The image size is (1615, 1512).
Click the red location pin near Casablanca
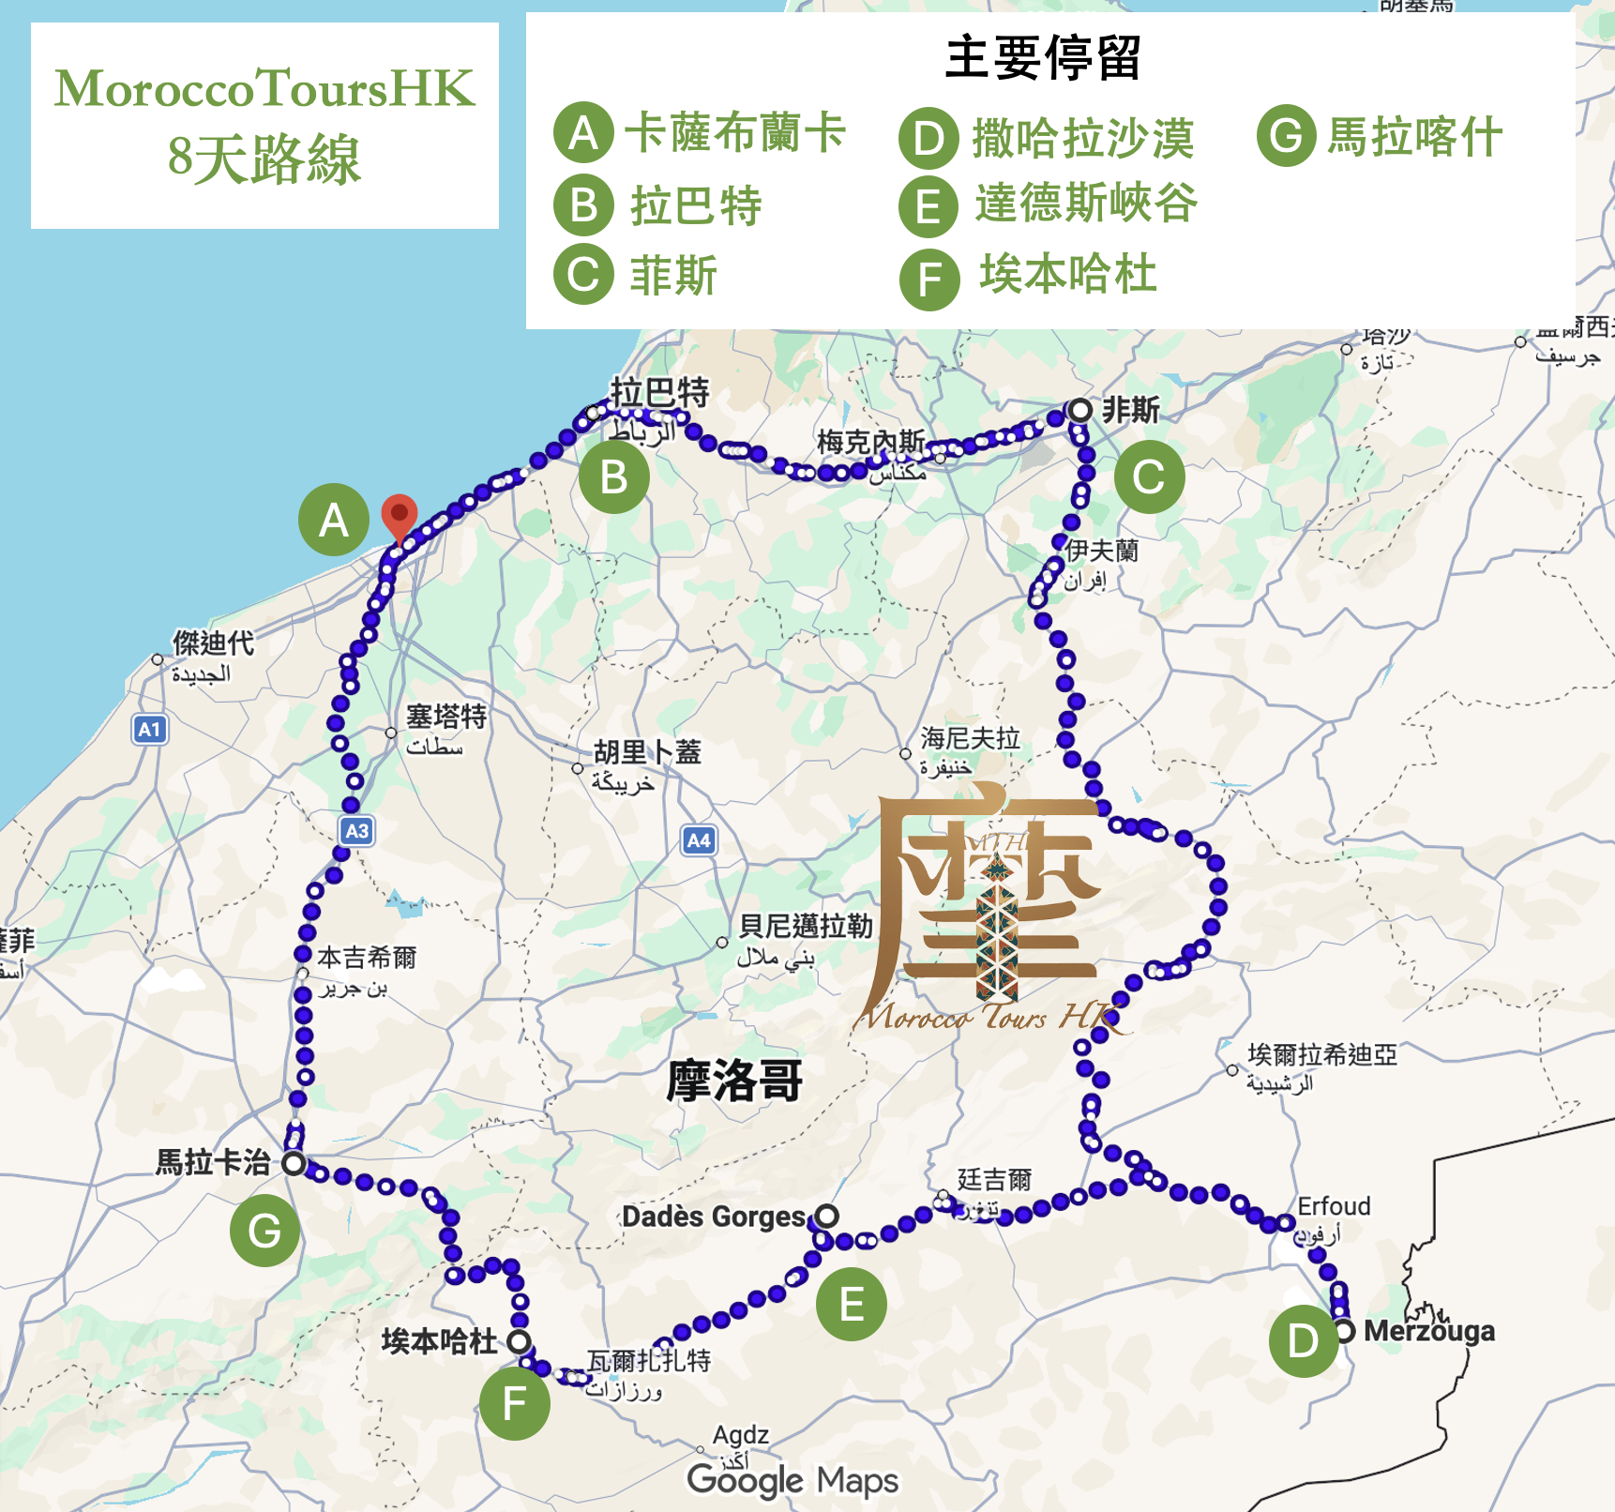(x=400, y=515)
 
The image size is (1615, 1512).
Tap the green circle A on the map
(x=334, y=520)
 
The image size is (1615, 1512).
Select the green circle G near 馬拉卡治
(x=264, y=1231)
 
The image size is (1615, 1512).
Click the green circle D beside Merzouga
(x=1304, y=1341)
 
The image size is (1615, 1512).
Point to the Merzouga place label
(x=1428, y=1331)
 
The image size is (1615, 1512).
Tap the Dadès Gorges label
(x=714, y=1217)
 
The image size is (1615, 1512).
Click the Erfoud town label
(x=1334, y=1206)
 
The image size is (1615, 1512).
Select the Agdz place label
(x=740, y=1435)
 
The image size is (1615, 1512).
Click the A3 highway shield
(x=356, y=831)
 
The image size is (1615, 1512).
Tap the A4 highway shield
(x=699, y=840)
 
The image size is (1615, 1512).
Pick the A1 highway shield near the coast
(x=150, y=729)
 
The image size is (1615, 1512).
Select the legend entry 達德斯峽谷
(x=1086, y=204)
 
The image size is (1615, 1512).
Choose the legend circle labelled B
(x=583, y=205)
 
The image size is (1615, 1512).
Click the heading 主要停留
(x=1043, y=58)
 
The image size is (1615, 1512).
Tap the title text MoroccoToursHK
(x=264, y=89)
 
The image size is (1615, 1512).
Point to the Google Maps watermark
(x=792, y=1481)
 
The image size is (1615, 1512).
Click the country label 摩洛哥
(x=734, y=1081)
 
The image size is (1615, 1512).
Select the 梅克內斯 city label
(x=870, y=441)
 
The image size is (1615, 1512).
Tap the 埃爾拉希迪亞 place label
(x=1321, y=1055)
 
